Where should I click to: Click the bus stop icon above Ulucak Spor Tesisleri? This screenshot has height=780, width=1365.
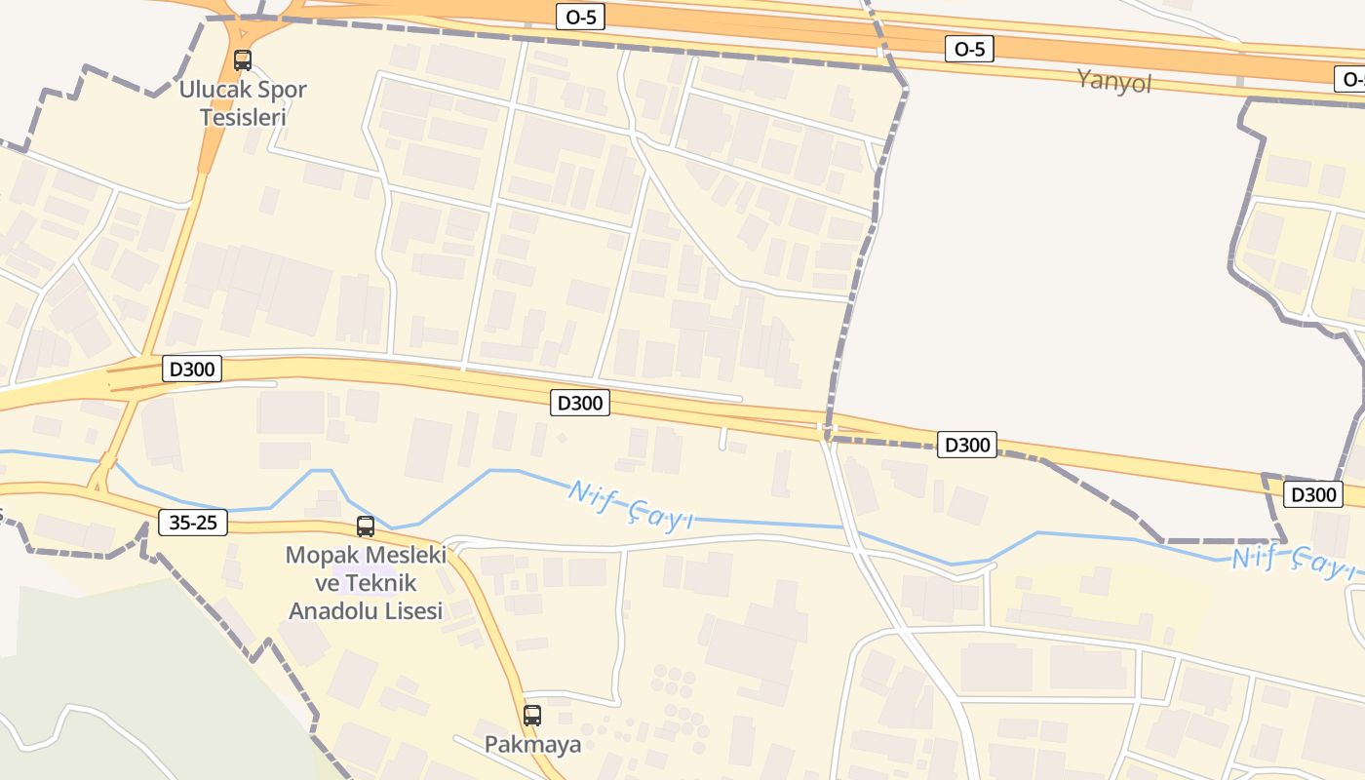point(243,60)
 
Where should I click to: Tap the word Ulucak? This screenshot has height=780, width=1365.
point(211,90)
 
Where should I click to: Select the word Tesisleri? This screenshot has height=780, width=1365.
point(243,117)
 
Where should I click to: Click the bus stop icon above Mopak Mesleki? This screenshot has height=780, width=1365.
point(366,526)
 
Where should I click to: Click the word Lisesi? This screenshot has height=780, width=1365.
point(413,611)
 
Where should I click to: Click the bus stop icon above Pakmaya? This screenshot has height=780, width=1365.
point(532,716)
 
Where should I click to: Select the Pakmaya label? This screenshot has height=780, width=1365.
point(532,745)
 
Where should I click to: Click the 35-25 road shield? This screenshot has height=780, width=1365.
point(193,523)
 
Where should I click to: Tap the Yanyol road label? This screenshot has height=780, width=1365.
point(1114,80)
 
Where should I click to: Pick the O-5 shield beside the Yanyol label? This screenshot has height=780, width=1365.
point(969,49)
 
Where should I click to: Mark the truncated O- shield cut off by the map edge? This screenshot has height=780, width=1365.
point(1351,80)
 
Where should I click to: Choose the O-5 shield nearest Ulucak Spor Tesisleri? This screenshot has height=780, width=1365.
point(580,17)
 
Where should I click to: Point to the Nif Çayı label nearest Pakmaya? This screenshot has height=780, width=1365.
point(630,506)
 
